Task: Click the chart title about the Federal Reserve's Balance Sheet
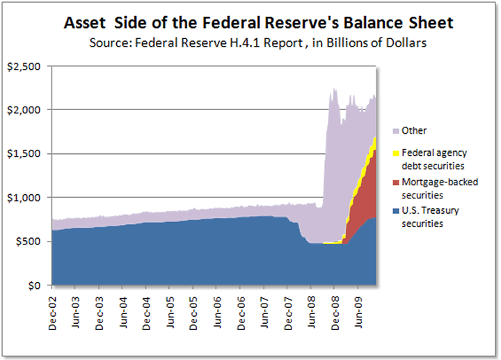[x=258, y=23]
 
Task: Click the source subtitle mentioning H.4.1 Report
[x=258, y=42]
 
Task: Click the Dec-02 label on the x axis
[x=54, y=309]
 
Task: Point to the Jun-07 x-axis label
[x=265, y=309]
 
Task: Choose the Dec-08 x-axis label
[x=335, y=309]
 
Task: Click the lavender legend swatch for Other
[x=396, y=131]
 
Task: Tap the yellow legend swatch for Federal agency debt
[x=396, y=152]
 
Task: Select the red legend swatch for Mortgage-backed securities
[x=396, y=182]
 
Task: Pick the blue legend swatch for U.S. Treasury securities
[x=396, y=210]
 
